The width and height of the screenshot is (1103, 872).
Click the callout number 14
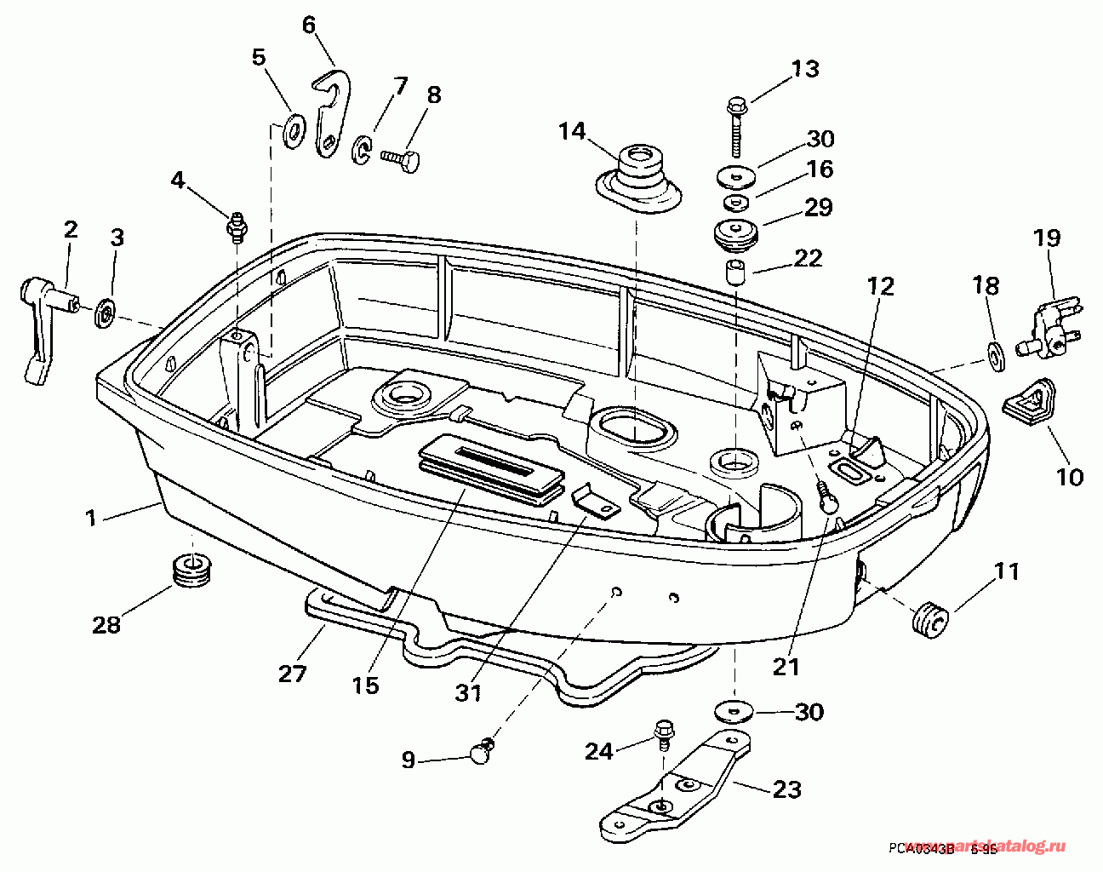point(572,132)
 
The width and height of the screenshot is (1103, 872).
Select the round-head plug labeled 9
point(481,751)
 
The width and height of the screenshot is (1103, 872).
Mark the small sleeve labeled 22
point(734,276)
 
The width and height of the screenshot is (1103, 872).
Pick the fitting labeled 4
point(236,226)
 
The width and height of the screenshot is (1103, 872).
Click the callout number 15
point(366,686)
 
